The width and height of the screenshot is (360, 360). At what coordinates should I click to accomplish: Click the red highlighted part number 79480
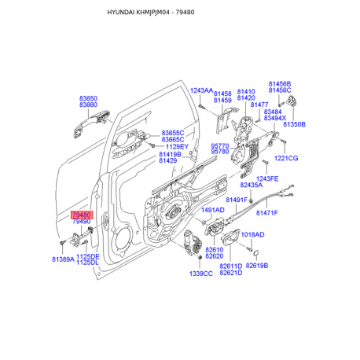pyautogui.click(x=82, y=215)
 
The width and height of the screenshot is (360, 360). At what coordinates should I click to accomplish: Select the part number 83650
pyautogui.click(x=88, y=98)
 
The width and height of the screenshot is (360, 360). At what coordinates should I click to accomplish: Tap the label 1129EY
pyautogui.click(x=177, y=146)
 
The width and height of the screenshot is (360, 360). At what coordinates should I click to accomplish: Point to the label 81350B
pyautogui.click(x=294, y=124)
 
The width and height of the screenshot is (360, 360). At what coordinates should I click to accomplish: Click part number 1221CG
pyautogui.click(x=286, y=158)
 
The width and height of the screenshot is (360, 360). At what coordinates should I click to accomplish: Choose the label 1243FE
pyautogui.click(x=267, y=178)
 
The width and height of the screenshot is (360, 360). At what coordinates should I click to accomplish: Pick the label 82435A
pyautogui.click(x=252, y=185)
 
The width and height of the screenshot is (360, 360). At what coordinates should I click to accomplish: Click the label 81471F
pyautogui.click(x=266, y=213)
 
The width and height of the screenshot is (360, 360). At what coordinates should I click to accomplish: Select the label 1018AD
pyautogui.click(x=252, y=234)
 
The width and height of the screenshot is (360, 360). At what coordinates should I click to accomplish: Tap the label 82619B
pyautogui.click(x=257, y=266)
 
